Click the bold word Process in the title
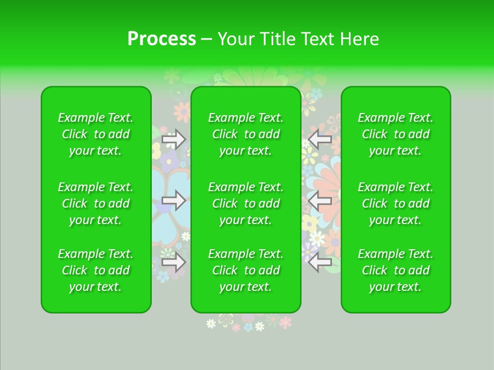(x=162, y=39)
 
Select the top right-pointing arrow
(x=174, y=139)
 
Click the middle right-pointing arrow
(x=174, y=200)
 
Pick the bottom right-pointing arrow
(x=174, y=262)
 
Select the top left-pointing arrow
(x=320, y=139)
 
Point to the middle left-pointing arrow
(x=320, y=200)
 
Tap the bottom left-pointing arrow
(x=320, y=262)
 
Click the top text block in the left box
(x=96, y=134)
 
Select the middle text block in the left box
(x=96, y=203)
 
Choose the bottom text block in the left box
(x=96, y=270)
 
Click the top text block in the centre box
(x=246, y=134)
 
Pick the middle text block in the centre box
(x=246, y=203)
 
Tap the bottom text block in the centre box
(x=246, y=270)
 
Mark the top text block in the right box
(x=396, y=134)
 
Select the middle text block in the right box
(x=396, y=203)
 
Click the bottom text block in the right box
(x=396, y=270)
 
